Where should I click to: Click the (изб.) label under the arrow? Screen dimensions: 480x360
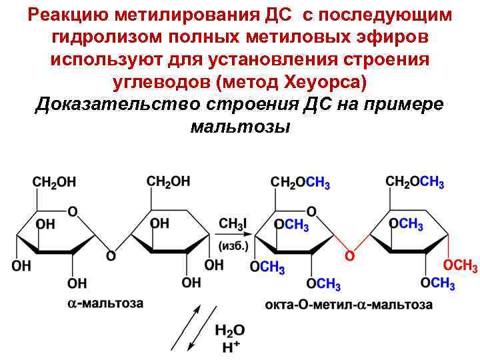234,245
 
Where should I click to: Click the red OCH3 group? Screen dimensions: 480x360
460,267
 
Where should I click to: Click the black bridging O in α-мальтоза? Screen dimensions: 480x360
111,255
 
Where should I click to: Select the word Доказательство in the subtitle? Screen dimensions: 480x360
120,105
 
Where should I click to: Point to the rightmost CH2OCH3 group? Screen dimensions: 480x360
415,182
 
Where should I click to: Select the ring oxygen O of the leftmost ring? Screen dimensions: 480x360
72,211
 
